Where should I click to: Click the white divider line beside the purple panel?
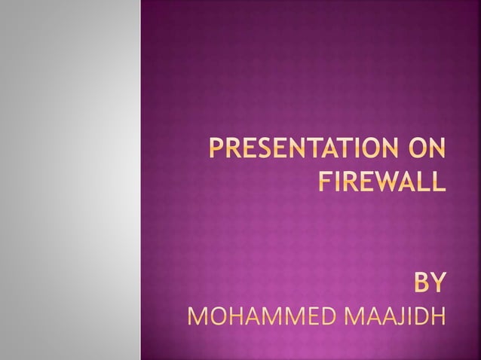tap(140, 180)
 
